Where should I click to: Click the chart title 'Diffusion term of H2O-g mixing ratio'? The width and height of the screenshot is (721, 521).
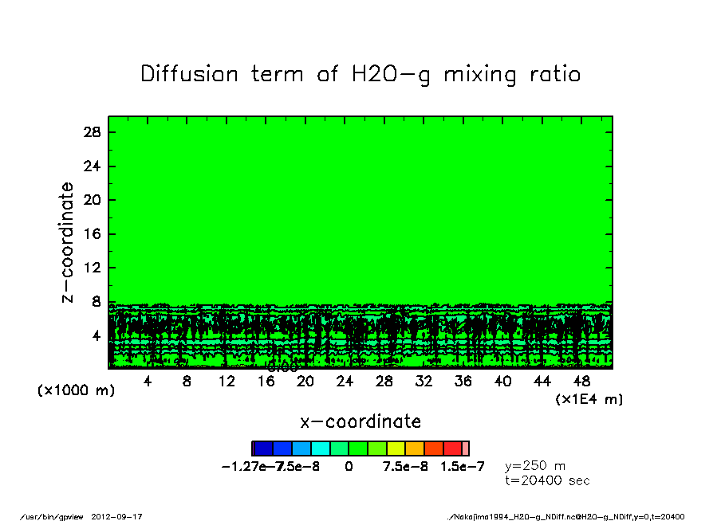pos(360,75)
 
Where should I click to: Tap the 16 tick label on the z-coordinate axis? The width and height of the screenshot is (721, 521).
pos(92,234)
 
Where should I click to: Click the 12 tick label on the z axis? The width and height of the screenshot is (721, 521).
pos(92,268)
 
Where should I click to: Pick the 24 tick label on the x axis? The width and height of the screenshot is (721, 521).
pos(345,382)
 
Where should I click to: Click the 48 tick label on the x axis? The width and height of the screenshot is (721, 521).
pos(582,382)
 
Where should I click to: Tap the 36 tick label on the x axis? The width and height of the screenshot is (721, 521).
pos(463,382)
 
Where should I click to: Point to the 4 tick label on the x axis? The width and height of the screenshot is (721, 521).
pos(147,382)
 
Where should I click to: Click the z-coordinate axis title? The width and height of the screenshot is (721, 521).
pos(68,242)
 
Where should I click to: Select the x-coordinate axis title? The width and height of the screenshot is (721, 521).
pos(360,421)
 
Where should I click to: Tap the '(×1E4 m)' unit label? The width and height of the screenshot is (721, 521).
pos(589,399)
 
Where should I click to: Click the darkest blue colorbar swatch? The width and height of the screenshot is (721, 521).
pos(263,449)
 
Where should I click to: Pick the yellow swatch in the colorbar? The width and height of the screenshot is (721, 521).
pos(396,449)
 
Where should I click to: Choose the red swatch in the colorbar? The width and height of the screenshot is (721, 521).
pos(452,449)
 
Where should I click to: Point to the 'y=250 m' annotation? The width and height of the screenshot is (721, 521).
pos(535,466)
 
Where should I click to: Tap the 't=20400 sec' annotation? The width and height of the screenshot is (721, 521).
pos(546,480)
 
